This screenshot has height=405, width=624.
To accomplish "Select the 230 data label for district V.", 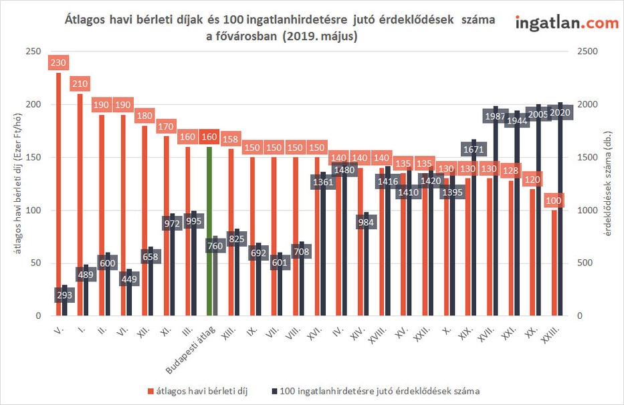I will (x=59, y=63).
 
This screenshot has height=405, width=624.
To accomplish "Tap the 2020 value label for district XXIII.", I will (x=560, y=113).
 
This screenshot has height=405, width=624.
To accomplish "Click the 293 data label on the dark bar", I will (x=66, y=294).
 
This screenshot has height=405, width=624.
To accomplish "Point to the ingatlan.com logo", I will (x=566, y=23).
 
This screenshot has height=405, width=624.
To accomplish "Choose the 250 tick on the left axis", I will (x=33, y=52).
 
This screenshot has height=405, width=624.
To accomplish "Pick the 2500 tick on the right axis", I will (x=582, y=52).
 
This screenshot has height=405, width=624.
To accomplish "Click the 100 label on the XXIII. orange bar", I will (x=553, y=200).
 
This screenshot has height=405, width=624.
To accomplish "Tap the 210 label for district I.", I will (x=80, y=84).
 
